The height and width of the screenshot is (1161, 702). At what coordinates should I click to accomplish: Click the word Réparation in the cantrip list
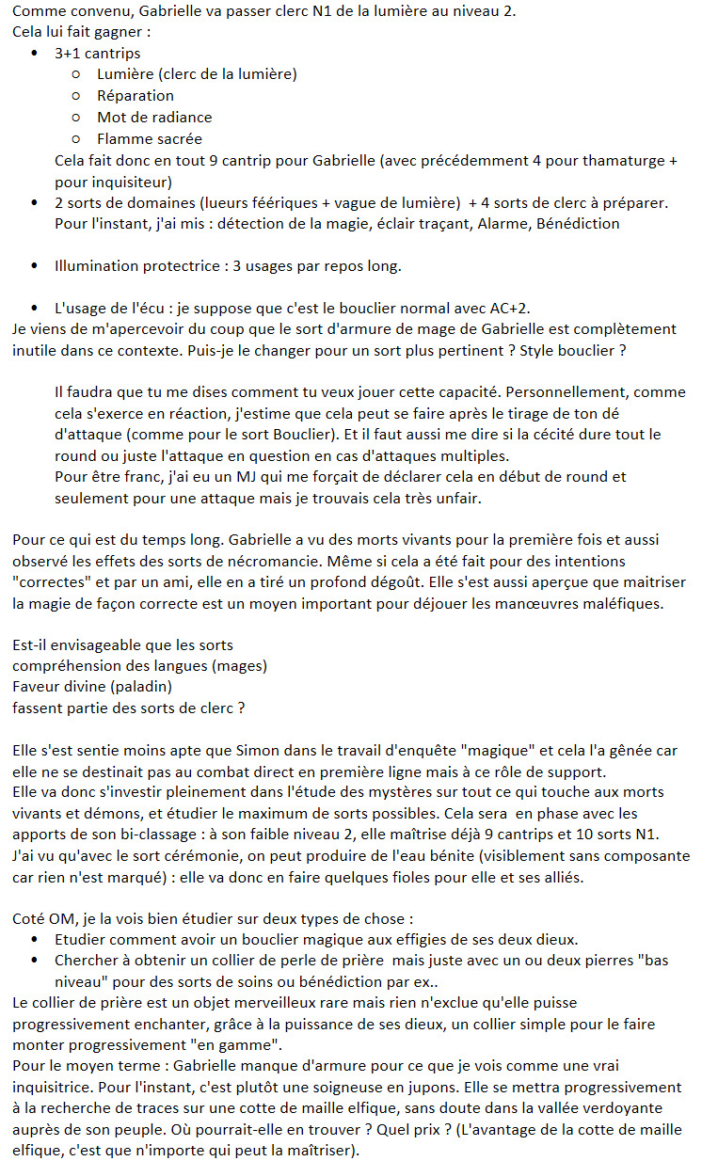click(136, 95)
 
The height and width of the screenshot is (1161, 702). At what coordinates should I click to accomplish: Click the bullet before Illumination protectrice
click(35, 266)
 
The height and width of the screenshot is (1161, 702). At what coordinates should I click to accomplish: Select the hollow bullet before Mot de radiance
click(77, 118)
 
